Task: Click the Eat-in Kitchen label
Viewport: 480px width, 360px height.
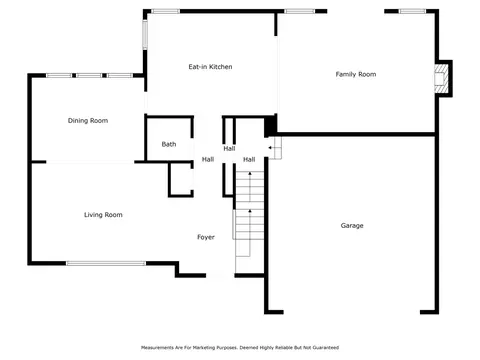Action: (210, 67)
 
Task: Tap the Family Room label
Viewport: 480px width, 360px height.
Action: (356, 74)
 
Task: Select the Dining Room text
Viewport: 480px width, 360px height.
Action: (88, 121)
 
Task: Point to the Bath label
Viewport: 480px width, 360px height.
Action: (169, 144)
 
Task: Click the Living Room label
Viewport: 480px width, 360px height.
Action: (103, 215)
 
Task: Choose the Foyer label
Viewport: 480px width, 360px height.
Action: (206, 237)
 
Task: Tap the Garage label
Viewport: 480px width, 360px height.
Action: (352, 226)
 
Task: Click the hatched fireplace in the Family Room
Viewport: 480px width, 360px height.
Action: (441, 79)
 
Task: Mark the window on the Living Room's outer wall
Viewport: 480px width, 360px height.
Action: (106, 263)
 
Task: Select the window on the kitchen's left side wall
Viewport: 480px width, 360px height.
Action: (145, 34)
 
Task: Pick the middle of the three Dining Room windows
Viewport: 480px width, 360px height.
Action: (89, 76)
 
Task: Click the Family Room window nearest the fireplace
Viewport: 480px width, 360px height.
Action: (412, 11)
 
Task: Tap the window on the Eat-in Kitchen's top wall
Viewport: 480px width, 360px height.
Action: (166, 11)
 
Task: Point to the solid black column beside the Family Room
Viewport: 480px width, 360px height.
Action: (270, 125)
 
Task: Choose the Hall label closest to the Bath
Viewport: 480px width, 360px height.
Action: (208, 159)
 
